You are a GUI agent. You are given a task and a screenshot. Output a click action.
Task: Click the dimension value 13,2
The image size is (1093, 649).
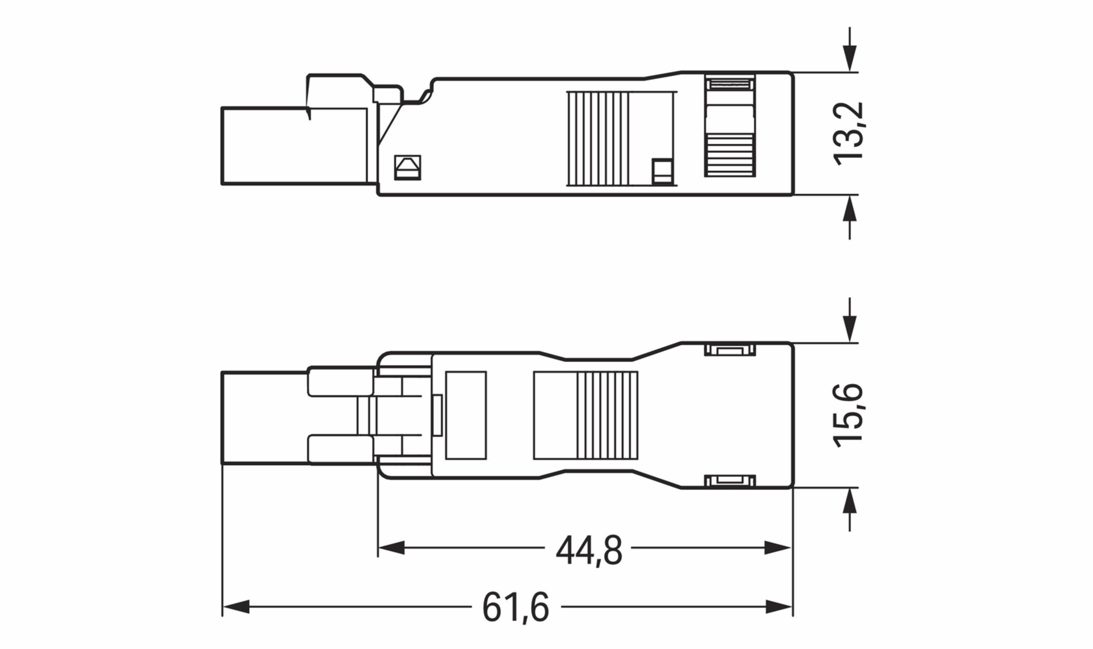pos(848,134)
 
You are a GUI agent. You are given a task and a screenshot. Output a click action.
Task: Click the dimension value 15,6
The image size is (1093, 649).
pos(848,415)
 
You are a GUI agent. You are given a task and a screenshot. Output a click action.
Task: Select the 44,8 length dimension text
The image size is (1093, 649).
pos(588,551)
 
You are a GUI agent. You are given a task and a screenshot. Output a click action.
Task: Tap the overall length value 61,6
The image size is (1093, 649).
pos(516,608)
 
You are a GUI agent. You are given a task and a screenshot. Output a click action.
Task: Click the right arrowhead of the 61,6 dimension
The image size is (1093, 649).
pos(779,607)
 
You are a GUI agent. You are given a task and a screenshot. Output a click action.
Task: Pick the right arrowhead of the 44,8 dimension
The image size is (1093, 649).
pos(778,548)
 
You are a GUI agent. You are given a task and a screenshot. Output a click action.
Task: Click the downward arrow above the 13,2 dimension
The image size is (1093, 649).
pos(849,58)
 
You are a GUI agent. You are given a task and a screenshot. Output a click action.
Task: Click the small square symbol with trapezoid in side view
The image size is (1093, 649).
pos(407,168)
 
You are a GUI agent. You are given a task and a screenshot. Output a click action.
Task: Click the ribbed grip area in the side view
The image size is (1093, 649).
pos(598,139)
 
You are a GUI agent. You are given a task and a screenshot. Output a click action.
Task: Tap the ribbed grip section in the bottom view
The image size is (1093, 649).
pos(607,415)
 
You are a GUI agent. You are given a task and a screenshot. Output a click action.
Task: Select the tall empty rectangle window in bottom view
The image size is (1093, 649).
pos(466,415)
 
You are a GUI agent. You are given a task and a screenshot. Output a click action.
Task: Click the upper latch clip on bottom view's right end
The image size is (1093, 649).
pos(730,350)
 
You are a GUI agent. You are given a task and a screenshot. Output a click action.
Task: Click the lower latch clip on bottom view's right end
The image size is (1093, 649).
pos(730,480)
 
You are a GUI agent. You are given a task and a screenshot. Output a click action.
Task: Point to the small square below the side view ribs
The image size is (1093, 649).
pos(662,171)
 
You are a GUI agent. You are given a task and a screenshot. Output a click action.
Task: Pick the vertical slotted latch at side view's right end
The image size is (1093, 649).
pos(730,126)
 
